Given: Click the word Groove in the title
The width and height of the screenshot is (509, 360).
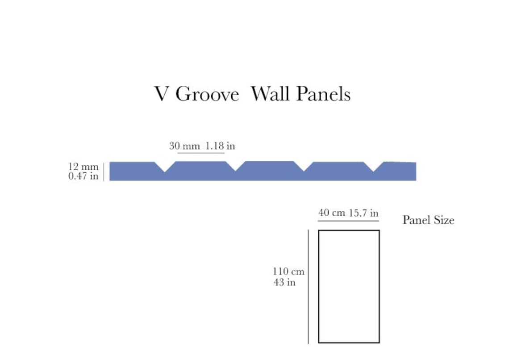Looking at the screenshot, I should pyautogui.click(x=207, y=94).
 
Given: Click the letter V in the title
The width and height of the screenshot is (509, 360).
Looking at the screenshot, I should pyautogui.click(x=161, y=94).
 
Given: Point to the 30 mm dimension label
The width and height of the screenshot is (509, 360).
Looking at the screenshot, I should pyautogui.click(x=184, y=146).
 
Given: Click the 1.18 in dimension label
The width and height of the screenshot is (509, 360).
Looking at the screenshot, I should pyautogui.click(x=220, y=146).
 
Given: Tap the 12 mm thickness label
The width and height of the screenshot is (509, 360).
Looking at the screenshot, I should pyautogui.click(x=83, y=167).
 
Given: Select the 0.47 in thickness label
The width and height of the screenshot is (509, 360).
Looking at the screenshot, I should pyautogui.click(x=83, y=176).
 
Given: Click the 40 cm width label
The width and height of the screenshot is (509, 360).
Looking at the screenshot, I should pyautogui.click(x=332, y=213).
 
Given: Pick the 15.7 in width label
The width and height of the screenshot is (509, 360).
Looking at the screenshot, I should pyautogui.click(x=363, y=213).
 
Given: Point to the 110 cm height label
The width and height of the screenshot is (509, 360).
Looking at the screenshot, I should pyautogui.click(x=288, y=271).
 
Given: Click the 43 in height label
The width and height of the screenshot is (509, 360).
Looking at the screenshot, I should pyautogui.click(x=284, y=282).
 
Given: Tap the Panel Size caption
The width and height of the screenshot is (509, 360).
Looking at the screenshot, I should pyautogui.click(x=428, y=220).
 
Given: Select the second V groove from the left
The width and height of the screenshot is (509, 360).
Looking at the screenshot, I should pyautogui.click(x=235, y=167).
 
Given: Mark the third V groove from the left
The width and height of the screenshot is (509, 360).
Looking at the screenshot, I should pyautogui.click(x=304, y=167).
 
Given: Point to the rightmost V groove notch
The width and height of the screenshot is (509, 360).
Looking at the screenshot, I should pyautogui.click(x=374, y=167).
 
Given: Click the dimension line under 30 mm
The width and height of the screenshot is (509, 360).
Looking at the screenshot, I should pyautogui.click(x=201, y=153).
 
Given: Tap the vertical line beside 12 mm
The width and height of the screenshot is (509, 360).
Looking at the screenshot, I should pyautogui.click(x=104, y=172).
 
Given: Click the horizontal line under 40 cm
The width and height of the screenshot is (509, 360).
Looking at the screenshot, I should pyautogui.click(x=348, y=221).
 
